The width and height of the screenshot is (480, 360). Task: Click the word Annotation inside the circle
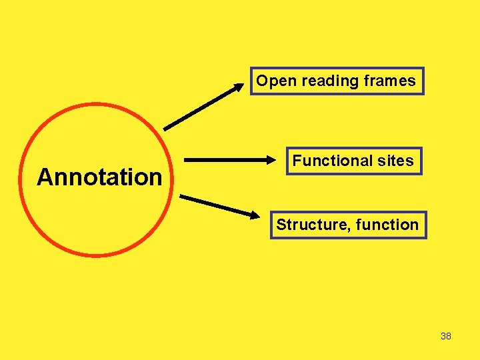(99, 177)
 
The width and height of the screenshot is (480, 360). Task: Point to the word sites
(396, 161)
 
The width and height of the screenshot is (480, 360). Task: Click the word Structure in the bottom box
(310, 225)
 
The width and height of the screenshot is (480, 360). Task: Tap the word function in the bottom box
(387, 225)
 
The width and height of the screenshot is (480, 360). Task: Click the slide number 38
(446, 336)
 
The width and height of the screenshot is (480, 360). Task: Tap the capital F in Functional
(297, 161)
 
